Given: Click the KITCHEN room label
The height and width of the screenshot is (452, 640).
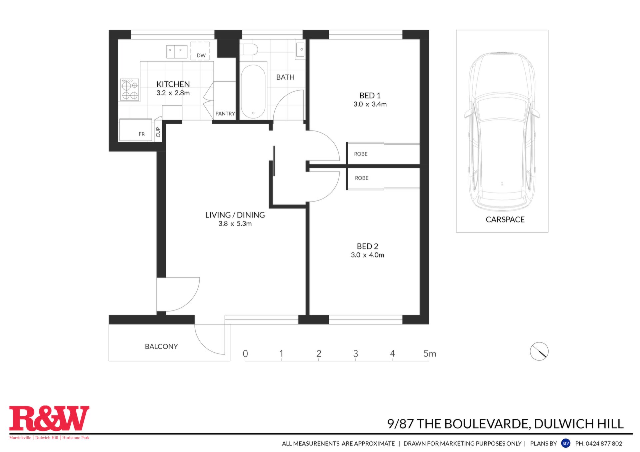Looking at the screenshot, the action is (173, 84).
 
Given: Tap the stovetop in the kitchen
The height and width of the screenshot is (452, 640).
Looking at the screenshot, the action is (130, 90).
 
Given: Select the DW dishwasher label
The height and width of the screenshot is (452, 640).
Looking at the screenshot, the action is (201, 55).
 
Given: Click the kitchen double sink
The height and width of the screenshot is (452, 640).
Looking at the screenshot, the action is (177, 52).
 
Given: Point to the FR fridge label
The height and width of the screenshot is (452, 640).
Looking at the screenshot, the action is (142, 134).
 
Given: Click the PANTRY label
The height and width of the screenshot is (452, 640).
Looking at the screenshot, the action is (225, 114).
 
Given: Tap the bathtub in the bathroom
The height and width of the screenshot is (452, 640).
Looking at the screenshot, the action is (253, 91).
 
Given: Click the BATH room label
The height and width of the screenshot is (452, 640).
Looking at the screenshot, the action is (285, 77).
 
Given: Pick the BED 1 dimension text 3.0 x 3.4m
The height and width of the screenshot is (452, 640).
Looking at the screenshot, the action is (370, 104).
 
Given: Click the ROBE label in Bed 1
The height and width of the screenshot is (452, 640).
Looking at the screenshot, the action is (361, 154).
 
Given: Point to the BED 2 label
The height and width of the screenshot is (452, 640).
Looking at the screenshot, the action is (367, 246).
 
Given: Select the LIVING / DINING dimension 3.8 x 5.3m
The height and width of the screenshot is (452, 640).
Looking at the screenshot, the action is (235, 224).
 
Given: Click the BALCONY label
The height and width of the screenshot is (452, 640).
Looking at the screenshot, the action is (161, 346).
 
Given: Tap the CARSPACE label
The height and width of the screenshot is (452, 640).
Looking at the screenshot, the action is (505, 220).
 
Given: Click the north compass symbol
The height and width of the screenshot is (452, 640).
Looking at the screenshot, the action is (539, 351).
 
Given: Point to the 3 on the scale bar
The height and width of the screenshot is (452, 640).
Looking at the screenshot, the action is (356, 354).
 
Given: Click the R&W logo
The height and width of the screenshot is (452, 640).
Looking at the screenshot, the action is (49, 419).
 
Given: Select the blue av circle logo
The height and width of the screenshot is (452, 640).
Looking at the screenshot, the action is (566, 443).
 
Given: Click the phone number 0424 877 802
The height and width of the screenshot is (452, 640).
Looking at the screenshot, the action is (604, 443).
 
